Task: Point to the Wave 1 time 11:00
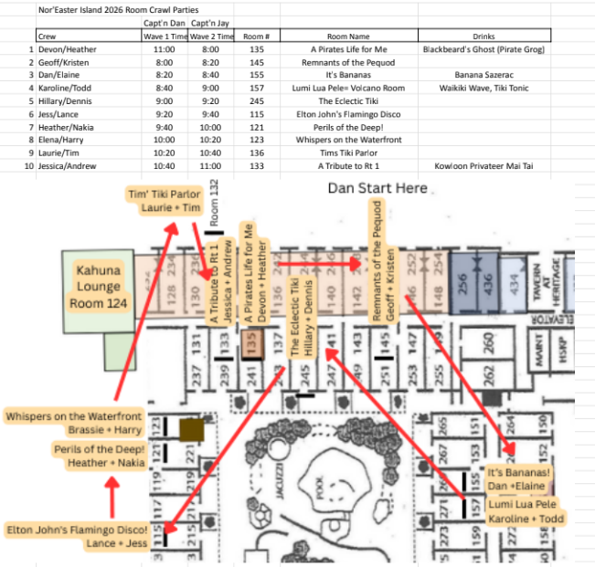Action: click(165, 49)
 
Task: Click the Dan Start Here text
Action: click(377, 188)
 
